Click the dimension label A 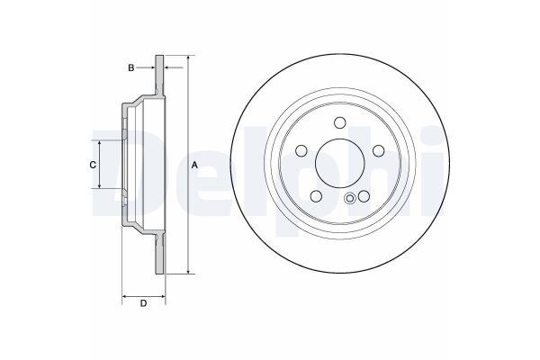(x=195, y=164)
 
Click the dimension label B (x=130, y=67)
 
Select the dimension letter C (x=92, y=165)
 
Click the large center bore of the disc (x=340, y=163)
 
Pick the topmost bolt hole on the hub (x=340, y=124)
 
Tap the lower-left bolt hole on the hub (x=317, y=195)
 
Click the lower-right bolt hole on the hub (x=364, y=195)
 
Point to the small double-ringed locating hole (x=350, y=200)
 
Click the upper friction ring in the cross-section (x=161, y=76)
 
